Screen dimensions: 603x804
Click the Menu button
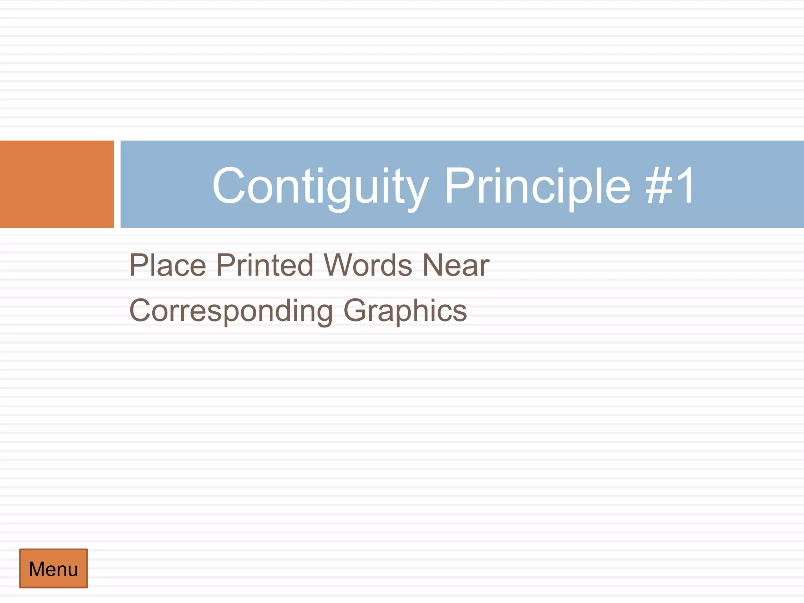coord(53,568)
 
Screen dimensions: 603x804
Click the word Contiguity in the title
coord(320,186)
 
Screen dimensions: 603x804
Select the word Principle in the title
coord(537,186)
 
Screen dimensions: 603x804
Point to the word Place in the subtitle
coord(168,265)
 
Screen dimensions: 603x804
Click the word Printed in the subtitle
coord(265,265)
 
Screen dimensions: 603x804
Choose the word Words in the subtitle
coord(368,265)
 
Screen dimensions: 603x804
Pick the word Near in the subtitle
coord(456,265)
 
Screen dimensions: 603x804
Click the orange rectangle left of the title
coord(57,184)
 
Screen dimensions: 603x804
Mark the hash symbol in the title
coord(658,185)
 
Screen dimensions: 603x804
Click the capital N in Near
coord(433,265)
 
